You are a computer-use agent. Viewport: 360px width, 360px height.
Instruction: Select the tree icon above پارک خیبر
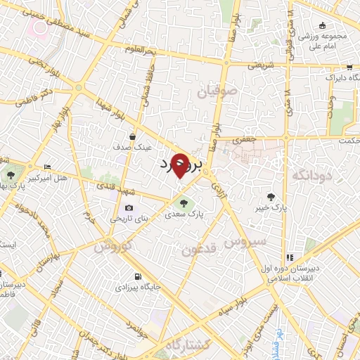click(273, 197)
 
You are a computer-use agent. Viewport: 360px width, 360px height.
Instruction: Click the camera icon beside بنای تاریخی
click(129, 207)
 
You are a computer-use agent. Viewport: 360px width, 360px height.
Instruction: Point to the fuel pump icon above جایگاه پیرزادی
click(138, 276)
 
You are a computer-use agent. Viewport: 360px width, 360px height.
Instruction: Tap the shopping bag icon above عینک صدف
click(133, 137)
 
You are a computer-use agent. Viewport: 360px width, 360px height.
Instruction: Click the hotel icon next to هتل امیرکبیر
click(47, 167)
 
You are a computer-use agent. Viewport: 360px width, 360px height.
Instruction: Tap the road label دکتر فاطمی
click(38, 96)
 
